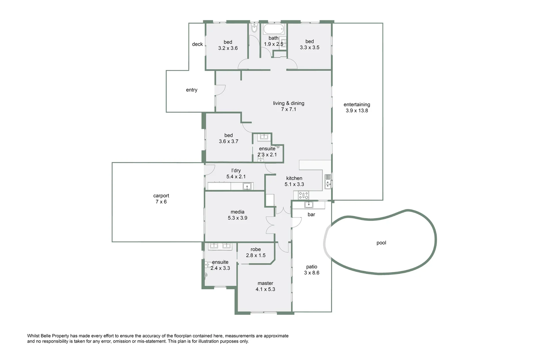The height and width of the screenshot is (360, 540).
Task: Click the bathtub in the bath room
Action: click(x=273, y=29)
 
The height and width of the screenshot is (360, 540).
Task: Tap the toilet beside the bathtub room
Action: click(x=254, y=28)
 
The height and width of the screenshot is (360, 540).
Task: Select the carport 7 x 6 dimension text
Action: click(x=161, y=202)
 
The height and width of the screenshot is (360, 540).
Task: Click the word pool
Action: click(x=381, y=243)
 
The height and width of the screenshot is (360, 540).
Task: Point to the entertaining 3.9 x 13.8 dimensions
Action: click(x=357, y=111)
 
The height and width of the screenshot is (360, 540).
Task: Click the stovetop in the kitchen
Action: click(x=303, y=195)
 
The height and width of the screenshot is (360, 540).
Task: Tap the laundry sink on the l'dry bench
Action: click(x=247, y=187)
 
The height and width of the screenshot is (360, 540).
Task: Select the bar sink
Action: click(x=308, y=205)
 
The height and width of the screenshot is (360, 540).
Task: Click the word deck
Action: click(x=198, y=44)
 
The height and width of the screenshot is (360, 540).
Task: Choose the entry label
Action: click(x=192, y=90)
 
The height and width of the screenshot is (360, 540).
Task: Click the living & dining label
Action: click(x=288, y=103)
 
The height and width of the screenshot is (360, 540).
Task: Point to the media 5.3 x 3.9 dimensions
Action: click(x=238, y=218)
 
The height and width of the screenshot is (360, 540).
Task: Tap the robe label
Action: click(x=256, y=249)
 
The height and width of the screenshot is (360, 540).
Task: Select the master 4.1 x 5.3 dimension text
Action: click(x=265, y=289)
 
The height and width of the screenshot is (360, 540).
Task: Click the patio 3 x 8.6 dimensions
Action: click(x=312, y=273)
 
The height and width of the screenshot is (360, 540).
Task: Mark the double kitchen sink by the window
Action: click(x=328, y=181)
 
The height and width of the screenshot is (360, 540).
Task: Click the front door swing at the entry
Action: click(x=220, y=90)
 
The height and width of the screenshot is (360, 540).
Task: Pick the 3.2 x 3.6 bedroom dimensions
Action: click(x=228, y=48)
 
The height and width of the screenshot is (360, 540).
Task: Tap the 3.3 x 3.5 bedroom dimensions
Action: click(x=309, y=48)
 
